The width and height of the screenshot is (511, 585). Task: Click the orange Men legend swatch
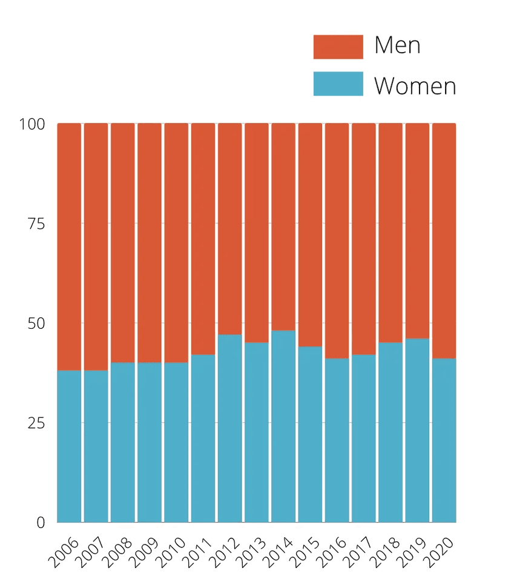tap(338, 47)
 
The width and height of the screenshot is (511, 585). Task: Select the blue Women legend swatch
tap(338, 84)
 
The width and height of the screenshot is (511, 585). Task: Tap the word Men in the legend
tap(397, 45)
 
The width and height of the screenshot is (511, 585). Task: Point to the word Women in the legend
tap(415, 85)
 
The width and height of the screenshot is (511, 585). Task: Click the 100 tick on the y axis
tap(33, 125)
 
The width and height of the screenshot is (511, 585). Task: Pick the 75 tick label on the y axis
tap(36, 224)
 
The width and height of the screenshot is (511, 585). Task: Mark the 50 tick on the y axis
tap(36, 323)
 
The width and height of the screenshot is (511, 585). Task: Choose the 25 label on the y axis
tap(36, 423)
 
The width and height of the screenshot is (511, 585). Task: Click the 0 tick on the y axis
tap(41, 523)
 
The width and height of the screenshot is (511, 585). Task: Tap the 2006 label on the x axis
tap(64, 552)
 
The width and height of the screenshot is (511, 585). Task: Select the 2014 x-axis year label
tap(278, 552)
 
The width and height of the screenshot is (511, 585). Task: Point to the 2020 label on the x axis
tap(438, 552)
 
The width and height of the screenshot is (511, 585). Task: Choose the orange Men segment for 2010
tap(176, 243)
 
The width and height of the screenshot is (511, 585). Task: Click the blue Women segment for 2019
tap(417, 430)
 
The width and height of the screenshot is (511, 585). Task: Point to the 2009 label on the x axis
tap(144, 552)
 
